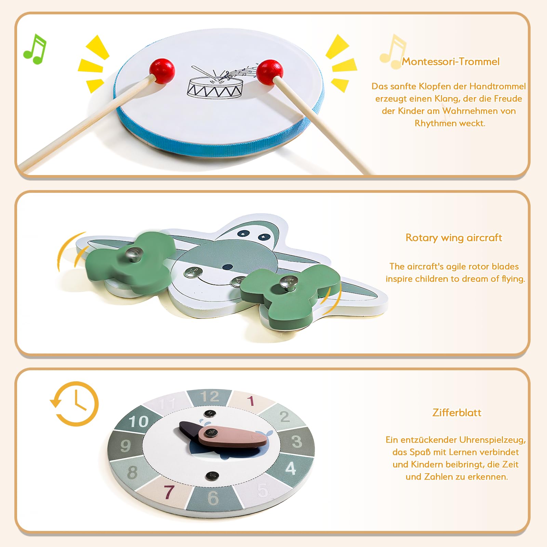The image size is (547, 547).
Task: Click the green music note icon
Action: [x=35, y=49]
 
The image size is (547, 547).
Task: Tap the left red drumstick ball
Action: [x=162, y=71]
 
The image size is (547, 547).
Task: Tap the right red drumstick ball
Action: [x=270, y=72]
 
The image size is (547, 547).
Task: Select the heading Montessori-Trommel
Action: [x=451, y=62]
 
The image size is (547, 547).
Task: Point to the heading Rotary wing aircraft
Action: [x=454, y=238]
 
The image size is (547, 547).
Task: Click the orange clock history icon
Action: [x=75, y=404]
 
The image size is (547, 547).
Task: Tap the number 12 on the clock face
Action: [x=210, y=397]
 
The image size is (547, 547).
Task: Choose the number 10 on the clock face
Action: [x=139, y=422]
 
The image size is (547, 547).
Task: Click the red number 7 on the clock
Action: [x=169, y=492]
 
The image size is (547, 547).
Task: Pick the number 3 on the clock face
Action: [x=297, y=441]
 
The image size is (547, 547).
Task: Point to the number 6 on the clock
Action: [x=213, y=498]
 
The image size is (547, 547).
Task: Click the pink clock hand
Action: [x=233, y=437]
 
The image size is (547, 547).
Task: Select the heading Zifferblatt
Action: [x=457, y=413]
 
